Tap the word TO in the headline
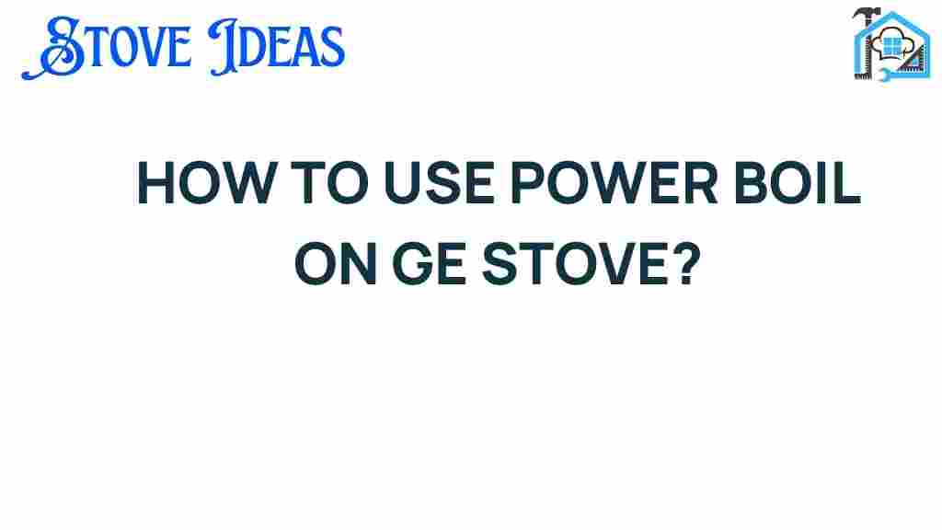coord(330,183)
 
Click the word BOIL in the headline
coord(798,183)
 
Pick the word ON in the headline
coord(336,263)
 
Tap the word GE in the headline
coord(429,263)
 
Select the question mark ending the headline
coord(686,263)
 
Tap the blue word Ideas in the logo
coord(277,47)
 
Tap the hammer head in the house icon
coord(866,13)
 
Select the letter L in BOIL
coord(847,183)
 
